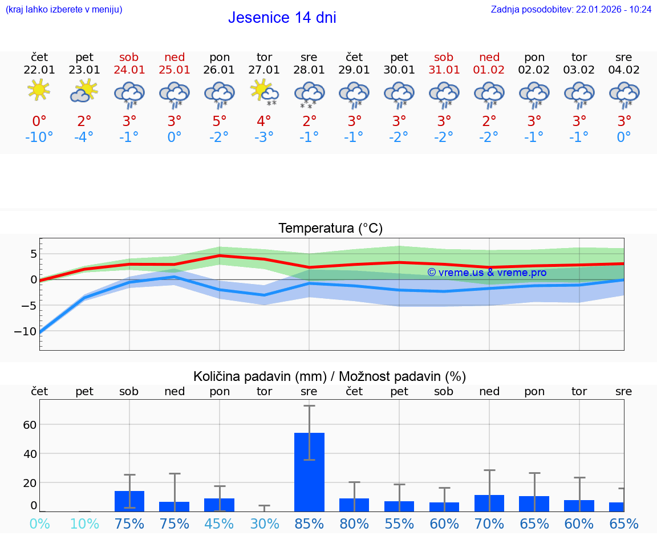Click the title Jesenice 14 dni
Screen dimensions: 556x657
pyautogui.click(x=282, y=18)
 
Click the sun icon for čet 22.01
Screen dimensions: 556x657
pyautogui.click(x=39, y=91)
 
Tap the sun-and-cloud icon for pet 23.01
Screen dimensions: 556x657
pyautogui.click(x=84, y=91)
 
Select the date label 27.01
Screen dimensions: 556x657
pyautogui.click(x=264, y=70)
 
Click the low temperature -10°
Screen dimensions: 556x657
pyautogui.click(x=39, y=137)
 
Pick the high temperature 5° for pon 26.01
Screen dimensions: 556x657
pyautogui.click(x=220, y=121)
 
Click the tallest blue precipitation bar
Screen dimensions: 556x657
pyautogui.click(x=309, y=472)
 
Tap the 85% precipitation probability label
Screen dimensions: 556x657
pyautogui.click(x=309, y=523)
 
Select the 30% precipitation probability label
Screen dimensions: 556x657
pyautogui.click(x=264, y=523)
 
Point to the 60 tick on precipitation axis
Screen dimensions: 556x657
pyautogui.click(x=30, y=425)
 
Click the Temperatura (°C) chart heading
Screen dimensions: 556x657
pyautogui.click(x=330, y=229)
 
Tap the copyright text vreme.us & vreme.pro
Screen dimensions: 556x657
pyautogui.click(x=486, y=273)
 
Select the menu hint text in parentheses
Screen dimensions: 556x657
pyautogui.click(x=64, y=10)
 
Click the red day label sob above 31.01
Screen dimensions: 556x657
pyautogui.click(x=444, y=58)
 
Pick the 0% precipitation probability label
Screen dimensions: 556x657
pyautogui.click(x=39, y=523)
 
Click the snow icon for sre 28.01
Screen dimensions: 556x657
pyautogui.click(x=309, y=94)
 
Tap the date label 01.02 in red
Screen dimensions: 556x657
pyautogui.click(x=489, y=70)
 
